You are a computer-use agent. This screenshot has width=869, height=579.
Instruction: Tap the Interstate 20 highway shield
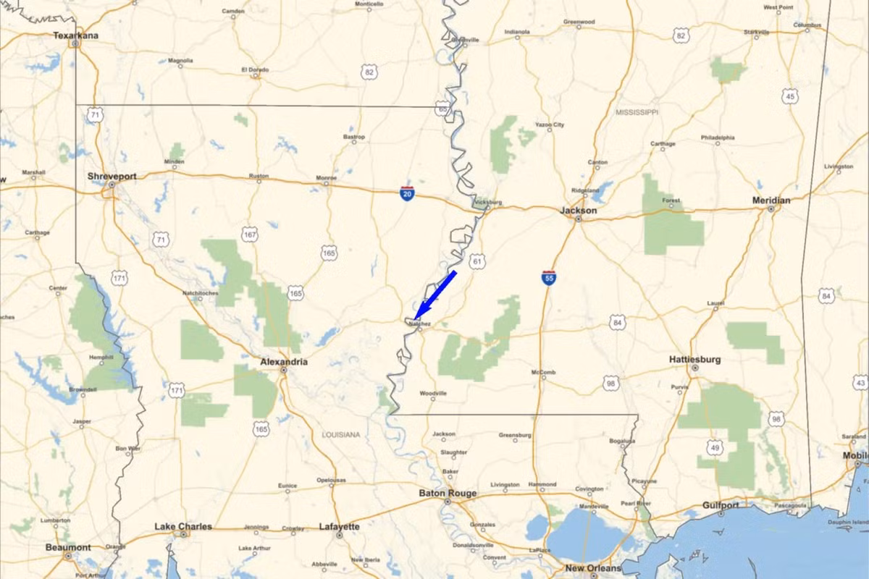coord(408,193)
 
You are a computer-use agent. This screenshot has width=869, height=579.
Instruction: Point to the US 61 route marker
coord(477,261)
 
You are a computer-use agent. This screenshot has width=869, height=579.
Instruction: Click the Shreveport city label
coord(112,176)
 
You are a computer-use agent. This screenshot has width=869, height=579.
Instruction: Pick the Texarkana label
coord(76,35)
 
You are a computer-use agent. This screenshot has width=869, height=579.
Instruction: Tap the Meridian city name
coord(771,200)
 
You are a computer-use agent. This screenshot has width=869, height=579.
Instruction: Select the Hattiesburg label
coord(694,359)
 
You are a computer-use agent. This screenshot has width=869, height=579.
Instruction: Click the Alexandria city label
coord(284,361)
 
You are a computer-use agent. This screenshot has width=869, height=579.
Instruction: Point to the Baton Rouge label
coord(448,494)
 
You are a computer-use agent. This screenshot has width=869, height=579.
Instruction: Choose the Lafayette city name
coord(339,527)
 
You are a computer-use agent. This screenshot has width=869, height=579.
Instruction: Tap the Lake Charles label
coord(184,526)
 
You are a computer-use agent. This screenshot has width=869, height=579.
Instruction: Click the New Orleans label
coord(594,568)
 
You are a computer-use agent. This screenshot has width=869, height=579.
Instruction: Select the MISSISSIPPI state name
coord(637,113)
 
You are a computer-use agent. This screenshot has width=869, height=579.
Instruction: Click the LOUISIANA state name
coord(341,435)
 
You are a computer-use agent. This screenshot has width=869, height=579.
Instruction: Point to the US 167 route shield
coord(250,235)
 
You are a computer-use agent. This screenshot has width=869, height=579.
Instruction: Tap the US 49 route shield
coord(715,449)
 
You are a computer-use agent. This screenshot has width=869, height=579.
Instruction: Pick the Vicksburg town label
coord(489,203)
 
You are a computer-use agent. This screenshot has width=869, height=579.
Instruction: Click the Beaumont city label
coord(68,547)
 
